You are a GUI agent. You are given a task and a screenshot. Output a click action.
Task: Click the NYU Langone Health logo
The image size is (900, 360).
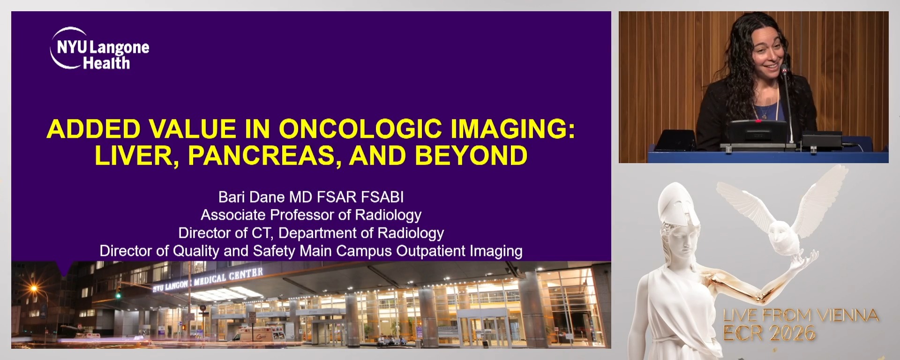[x=99, y=49]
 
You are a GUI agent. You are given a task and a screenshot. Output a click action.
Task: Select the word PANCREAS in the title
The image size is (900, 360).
[x=265, y=156]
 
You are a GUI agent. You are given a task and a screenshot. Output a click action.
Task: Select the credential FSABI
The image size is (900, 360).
[x=386, y=197]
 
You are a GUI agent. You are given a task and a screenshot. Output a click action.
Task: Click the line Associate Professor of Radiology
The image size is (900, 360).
[x=311, y=215]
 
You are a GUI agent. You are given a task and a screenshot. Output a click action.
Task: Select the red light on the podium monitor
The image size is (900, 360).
[x=758, y=121]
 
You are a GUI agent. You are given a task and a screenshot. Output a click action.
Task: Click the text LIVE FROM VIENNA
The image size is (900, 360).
[x=801, y=315]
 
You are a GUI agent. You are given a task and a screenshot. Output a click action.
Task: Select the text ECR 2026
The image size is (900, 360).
[x=769, y=333]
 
